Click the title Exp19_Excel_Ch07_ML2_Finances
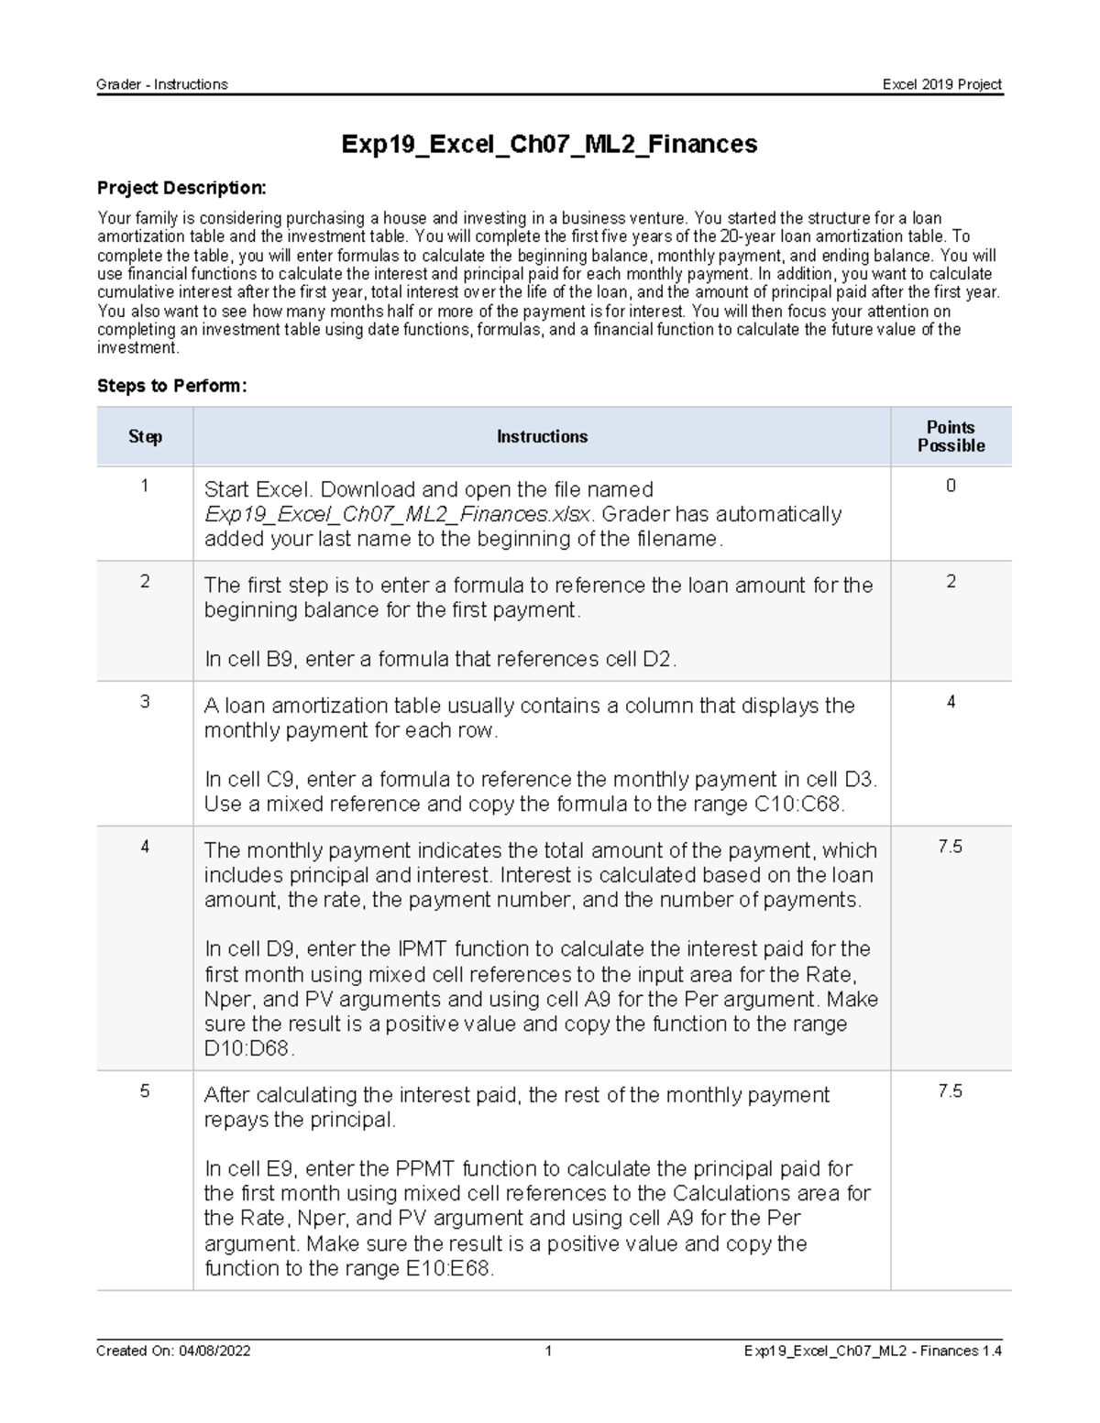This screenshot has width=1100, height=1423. tap(549, 144)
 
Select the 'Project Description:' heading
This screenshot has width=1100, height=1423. tap(181, 188)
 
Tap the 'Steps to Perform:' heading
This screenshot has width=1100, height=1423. tap(172, 386)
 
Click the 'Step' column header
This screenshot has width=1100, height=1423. tap(145, 437)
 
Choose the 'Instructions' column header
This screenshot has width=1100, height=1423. tap(542, 437)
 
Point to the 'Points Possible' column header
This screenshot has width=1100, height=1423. tap(951, 437)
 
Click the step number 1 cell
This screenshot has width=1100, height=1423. tap(145, 487)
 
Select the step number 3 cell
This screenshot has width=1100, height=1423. tap(145, 703)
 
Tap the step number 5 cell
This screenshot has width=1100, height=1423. tap(145, 1091)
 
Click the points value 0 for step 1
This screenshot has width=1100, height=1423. tap(951, 487)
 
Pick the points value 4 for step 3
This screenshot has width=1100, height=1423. tap(951, 703)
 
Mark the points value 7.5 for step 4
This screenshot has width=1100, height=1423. tap(951, 848)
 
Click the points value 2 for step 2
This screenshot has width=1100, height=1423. tap(951, 582)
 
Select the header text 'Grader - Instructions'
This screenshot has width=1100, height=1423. tap(162, 84)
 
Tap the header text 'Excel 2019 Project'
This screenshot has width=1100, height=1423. tap(942, 84)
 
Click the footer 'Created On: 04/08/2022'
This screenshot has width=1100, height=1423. tap(174, 1351)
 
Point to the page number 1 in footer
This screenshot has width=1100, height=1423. tap(548, 1351)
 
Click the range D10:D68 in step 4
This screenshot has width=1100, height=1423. tap(247, 1049)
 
